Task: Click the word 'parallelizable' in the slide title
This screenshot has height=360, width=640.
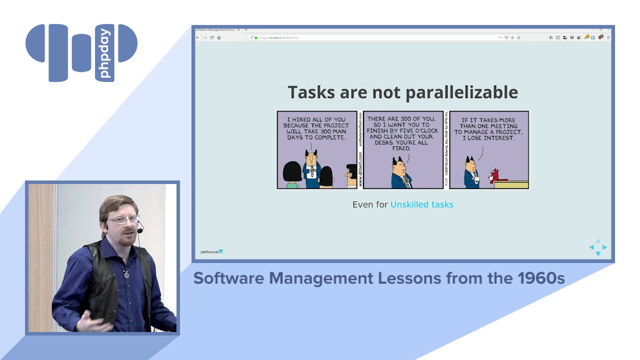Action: click(x=461, y=92)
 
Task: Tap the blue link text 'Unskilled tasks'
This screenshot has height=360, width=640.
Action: click(x=421, y=204)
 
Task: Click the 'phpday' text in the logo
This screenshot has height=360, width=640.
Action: click(x=105, y=53)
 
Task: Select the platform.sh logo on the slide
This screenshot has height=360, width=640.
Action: click(x=211, y=251)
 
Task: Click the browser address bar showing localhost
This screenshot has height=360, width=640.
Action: click(x=375, y=37)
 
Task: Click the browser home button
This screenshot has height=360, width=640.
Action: click(x=219, y=37)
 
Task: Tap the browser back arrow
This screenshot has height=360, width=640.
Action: click(x=198, y=37)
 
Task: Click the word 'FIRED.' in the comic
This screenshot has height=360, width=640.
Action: click(x=401, y=148)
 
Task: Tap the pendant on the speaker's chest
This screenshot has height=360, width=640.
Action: click(x=126, y=273)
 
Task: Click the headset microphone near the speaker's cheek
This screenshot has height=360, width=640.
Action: click(x=140, y=230)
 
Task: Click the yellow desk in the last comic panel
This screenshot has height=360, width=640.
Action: click(x=511, y=184)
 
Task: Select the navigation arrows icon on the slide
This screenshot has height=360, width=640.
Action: click(x=598, y=247)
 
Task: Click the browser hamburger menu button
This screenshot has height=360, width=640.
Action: click(x=608, y=37)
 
